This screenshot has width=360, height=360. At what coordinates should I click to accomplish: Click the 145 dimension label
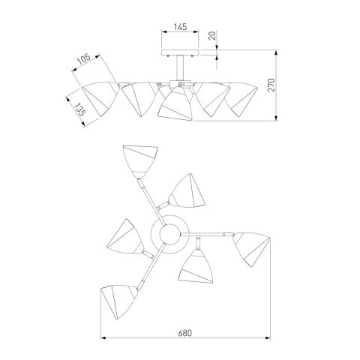point(180,27)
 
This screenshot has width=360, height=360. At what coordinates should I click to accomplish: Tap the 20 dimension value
point(212,36)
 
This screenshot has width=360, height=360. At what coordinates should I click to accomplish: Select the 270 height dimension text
point(271,85)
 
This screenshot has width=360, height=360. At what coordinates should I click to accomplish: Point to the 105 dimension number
point(83,59)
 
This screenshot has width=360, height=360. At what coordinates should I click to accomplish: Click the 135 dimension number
point(80,109)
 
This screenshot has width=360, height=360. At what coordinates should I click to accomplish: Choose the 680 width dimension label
point(185,333)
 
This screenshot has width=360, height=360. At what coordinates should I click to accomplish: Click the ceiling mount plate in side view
point(180,52)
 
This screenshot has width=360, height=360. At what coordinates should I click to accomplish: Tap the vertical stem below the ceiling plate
point(180,68)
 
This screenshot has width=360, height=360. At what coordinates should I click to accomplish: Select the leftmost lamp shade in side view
point(100,98)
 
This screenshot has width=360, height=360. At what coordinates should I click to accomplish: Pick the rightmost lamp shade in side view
point(241,99)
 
